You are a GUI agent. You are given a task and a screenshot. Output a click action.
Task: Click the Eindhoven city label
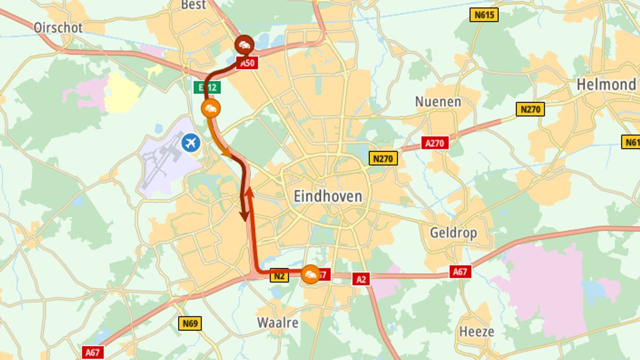tap(327, 196)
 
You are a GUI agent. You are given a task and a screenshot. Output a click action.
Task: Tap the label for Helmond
tap(606, 84)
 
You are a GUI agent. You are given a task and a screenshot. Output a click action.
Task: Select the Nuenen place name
tap(438, 102)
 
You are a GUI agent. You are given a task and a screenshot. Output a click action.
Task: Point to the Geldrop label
tap(453, 232)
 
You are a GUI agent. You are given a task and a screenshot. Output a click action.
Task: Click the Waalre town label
tap(277, 322)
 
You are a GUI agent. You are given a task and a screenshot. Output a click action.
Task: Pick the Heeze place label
tap(476, 331)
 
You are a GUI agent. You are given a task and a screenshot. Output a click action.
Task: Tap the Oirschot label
tap(58, 27)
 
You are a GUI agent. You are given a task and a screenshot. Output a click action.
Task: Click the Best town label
tap(193, 5)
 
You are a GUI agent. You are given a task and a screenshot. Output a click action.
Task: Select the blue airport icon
tap(190, 143)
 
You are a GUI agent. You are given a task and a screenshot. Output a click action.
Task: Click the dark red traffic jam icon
tap(244, 45)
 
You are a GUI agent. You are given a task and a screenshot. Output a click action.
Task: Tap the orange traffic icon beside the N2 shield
tap(311, 274)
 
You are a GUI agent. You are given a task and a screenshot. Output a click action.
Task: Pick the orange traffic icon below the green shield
tap(210, 108)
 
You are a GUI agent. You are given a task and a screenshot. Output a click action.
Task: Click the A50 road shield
tap(247, 63)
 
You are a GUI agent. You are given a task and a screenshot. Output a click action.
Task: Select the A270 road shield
tap(434, 143)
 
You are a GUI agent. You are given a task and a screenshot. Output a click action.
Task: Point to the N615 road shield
tap(484, 14)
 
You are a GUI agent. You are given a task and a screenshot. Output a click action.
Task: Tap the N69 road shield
tap(190, 323)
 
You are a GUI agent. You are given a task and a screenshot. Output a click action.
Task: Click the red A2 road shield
tap(361, 279)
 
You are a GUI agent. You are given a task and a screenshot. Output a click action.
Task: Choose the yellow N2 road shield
tap(279, 275)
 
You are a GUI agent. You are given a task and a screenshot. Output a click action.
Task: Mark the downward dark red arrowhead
tap(244, 216)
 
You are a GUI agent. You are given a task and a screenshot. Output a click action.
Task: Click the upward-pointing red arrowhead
tap(248, 192)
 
